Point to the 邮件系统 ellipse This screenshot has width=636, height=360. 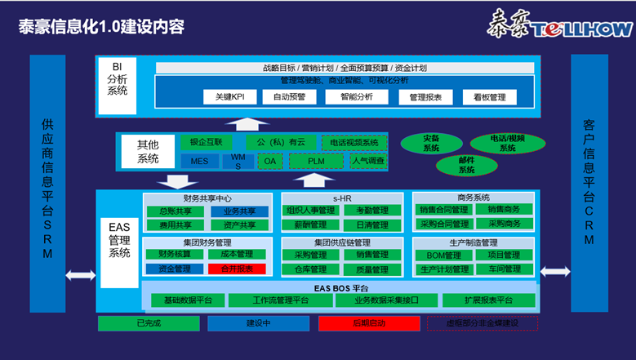[x=466, y=165]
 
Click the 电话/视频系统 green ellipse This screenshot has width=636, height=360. [x=508, y=144]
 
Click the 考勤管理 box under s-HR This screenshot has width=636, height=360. [x=372, y=211]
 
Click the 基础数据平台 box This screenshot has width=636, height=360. [x=188, y=300]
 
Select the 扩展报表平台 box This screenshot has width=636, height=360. [x=489, y=300]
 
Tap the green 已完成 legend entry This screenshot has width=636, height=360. [x=147, y=323]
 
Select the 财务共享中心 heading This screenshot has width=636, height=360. [x=207, y=198]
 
